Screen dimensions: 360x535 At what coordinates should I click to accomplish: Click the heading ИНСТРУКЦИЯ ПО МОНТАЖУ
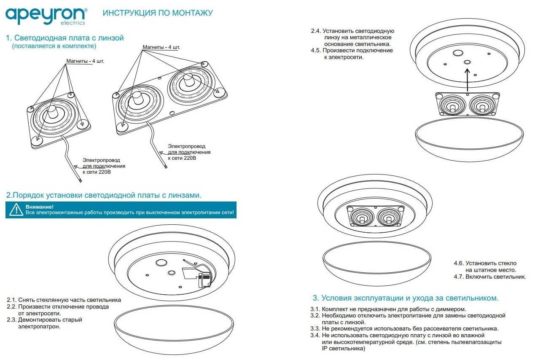click(x=158, y=13)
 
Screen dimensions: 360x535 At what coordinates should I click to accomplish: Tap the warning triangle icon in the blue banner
click(x=16, y=210)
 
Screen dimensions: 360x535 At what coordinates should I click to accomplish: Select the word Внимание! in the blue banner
click(x=40, y=207)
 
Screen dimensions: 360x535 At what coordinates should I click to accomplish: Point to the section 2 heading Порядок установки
click(x=104, y=195)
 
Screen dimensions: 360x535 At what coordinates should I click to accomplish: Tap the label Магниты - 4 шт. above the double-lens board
click(x=161, y=47)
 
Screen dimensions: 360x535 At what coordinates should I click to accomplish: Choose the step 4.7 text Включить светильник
click(x=490, y=277)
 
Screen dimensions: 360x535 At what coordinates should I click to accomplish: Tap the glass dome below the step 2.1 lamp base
click(x=174, y=331)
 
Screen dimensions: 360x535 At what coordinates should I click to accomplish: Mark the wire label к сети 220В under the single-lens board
click(x=98, y=172)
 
